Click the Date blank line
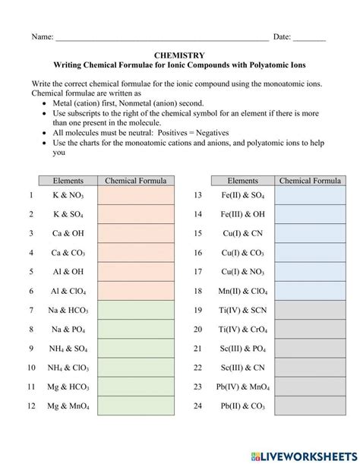[309, 37]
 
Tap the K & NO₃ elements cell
[68, 195]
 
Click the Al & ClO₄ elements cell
[68, 291]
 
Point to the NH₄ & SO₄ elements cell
[68, 349]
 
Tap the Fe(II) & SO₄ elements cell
[243, 195]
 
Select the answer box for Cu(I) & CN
[310, 233]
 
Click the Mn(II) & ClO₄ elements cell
[243, 291]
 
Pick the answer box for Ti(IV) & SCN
[310, 310]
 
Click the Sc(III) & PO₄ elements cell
[243, 349]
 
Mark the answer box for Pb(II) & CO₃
[310, 406]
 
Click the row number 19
[197, 310]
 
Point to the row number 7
[31, 310]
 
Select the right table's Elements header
[243, 181]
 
